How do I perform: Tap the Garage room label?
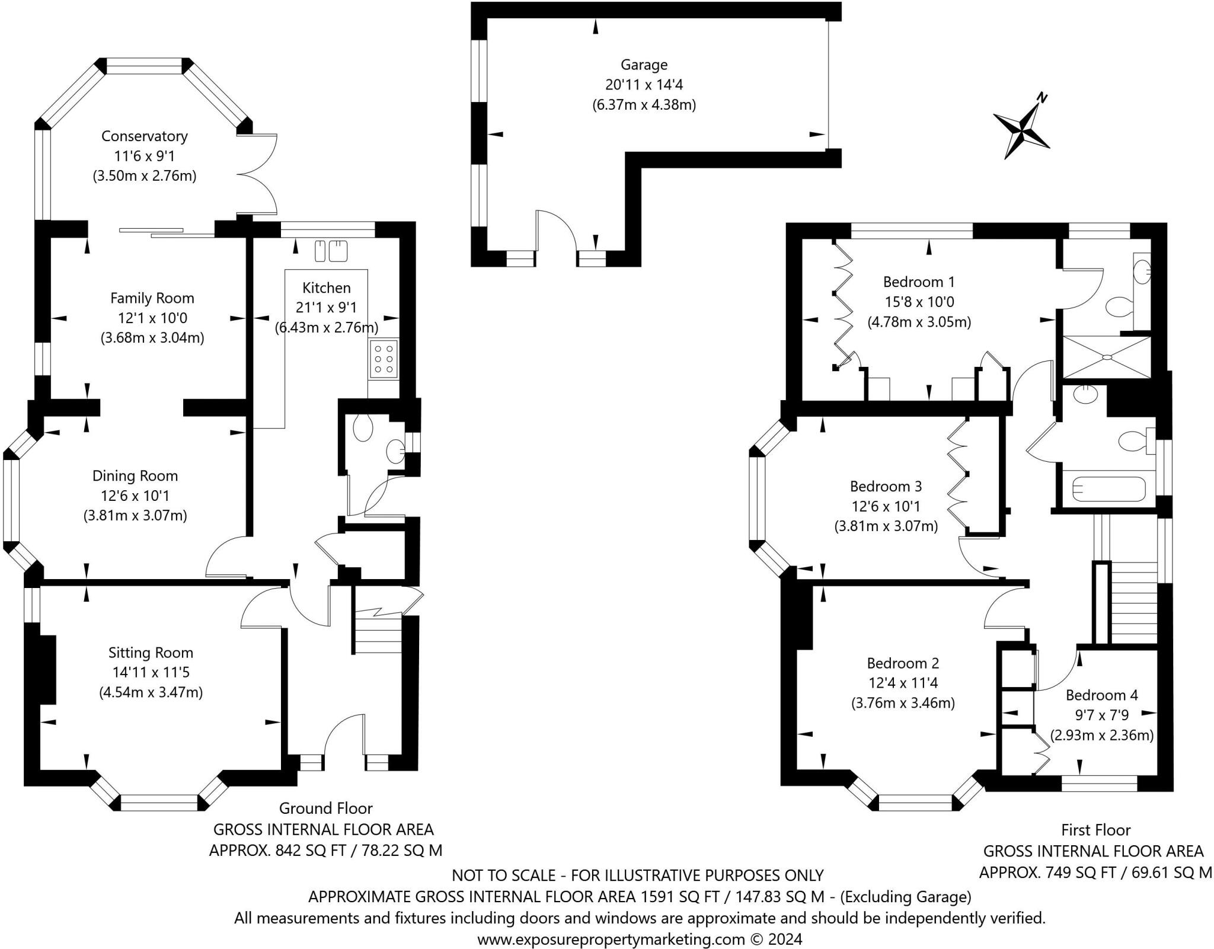pos(644,65)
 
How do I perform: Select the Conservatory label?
pos(145,136)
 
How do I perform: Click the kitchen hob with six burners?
pos(383,359)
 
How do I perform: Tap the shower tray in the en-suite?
pos(1106,357)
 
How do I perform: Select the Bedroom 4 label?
pos(1102,695)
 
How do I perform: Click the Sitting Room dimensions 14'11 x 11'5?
pos(151,672)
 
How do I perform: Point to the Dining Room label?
pos(135,475)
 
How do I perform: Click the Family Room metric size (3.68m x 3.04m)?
pos(152,338)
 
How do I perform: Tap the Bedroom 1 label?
pos(919,282)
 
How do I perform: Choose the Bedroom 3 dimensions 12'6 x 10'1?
pos(886,506)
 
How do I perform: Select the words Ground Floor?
pos(326,808)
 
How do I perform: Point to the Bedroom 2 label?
pos(903,663)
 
